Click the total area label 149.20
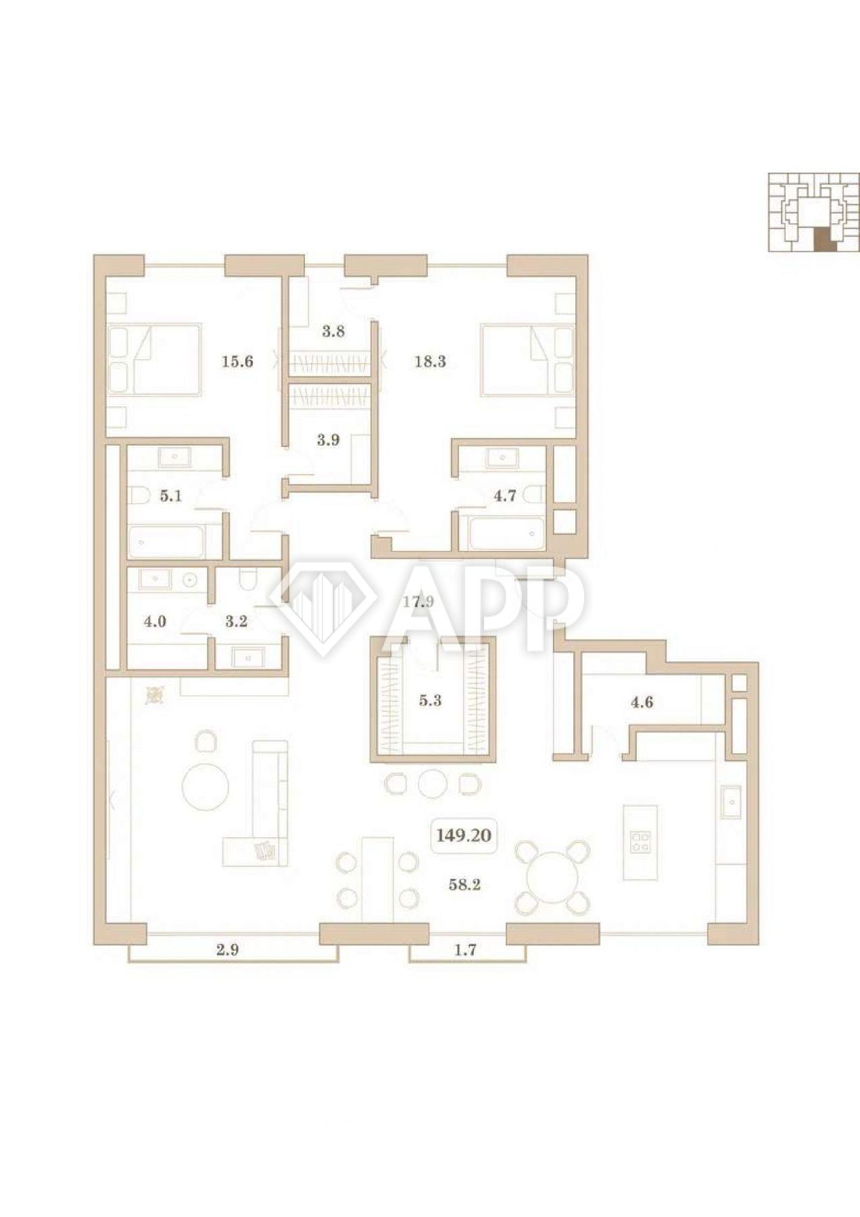463,835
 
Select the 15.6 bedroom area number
237,362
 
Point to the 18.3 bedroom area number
430,362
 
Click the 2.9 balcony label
227,950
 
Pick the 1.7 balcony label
467,950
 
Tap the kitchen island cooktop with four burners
640,842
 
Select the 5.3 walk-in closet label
430,700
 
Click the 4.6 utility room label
642,702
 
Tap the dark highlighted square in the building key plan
824,239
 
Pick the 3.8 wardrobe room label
333,332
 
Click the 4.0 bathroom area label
155,621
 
